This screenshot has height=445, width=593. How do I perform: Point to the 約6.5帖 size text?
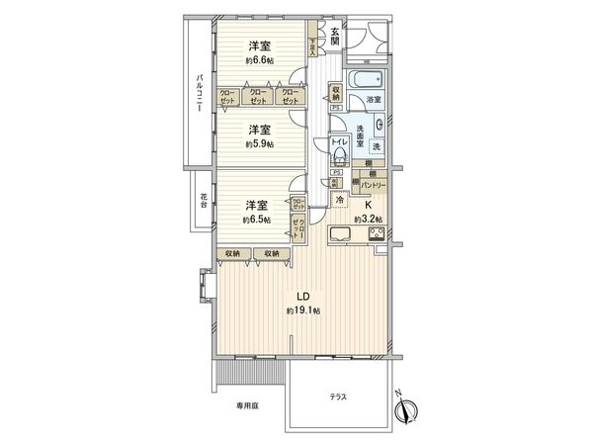(x=259, y=221)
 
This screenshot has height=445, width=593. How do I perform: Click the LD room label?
(x=305, y=296)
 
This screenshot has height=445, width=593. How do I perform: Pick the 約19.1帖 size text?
(x=304, y=311)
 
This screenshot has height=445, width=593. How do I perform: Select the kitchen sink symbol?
(x=339, y=234)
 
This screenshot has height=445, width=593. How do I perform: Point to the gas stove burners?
(x=376, y=234)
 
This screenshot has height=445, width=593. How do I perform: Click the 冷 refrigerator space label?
(x=340, y=198)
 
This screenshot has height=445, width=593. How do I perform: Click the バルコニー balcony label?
(x=201, y=97)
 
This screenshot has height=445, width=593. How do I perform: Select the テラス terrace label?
(x=339, y=397)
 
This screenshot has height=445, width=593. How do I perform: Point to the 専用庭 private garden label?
(x=246, y=405)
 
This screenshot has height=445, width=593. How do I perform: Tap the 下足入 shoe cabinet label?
(x=313, y=45)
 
